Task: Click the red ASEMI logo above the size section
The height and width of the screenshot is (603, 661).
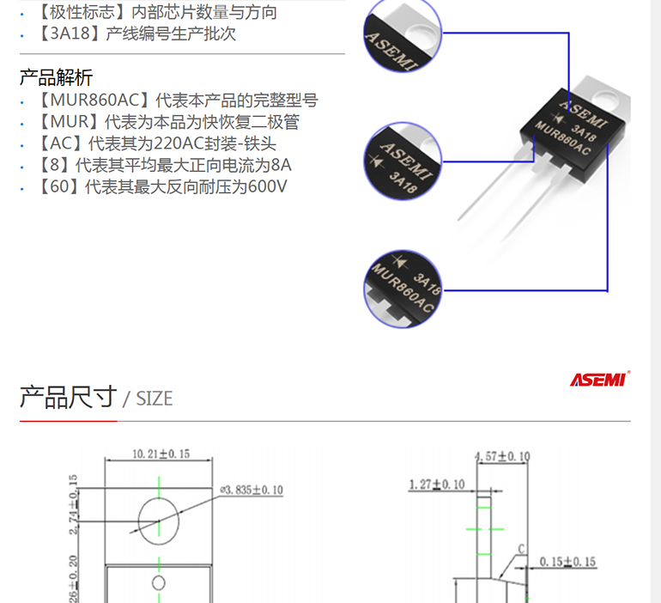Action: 600,380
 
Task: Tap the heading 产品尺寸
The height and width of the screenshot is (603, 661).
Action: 67,397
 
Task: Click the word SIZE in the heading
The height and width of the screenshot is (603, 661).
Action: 154,399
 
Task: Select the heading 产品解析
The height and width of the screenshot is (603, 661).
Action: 56,77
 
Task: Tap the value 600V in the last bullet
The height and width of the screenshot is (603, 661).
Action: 267,186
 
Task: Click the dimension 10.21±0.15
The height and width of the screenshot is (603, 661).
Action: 161,454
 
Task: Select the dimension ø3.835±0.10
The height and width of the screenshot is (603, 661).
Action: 252,490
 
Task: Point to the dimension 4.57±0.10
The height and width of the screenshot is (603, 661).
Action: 503,456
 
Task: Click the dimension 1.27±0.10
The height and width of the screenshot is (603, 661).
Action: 437,484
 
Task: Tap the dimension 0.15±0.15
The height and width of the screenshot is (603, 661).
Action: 567,563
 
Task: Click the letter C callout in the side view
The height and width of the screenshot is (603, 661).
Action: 520,548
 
